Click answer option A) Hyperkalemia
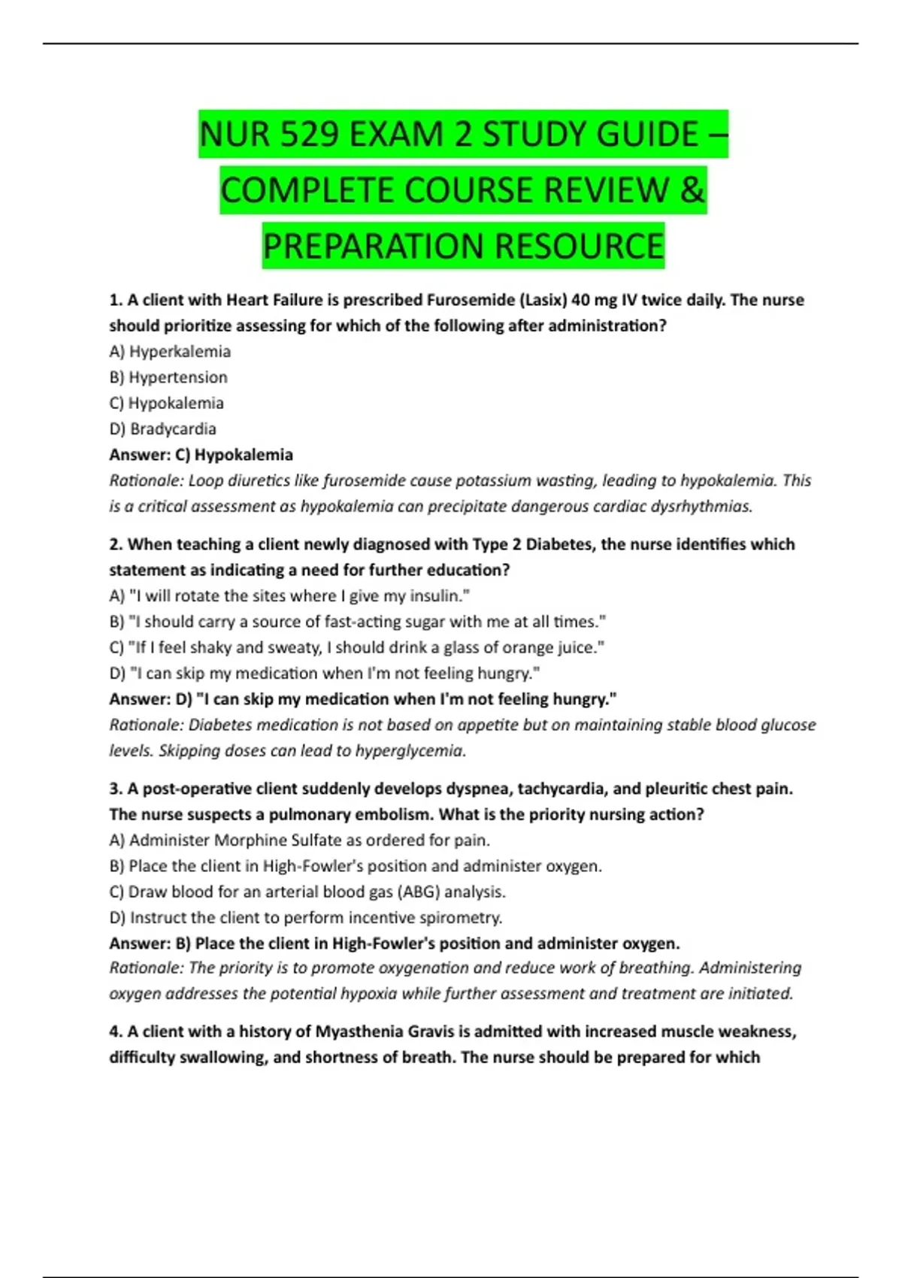[170, 351]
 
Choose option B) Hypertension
[168, 377]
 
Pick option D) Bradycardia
[162, 429]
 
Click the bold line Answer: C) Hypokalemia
[201, 455]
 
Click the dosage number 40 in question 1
[580, 300]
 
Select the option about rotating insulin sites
[289, 596]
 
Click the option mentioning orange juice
[357, 647]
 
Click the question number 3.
[115, 789]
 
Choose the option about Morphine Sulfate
[299, 840]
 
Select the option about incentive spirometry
[306, 917]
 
